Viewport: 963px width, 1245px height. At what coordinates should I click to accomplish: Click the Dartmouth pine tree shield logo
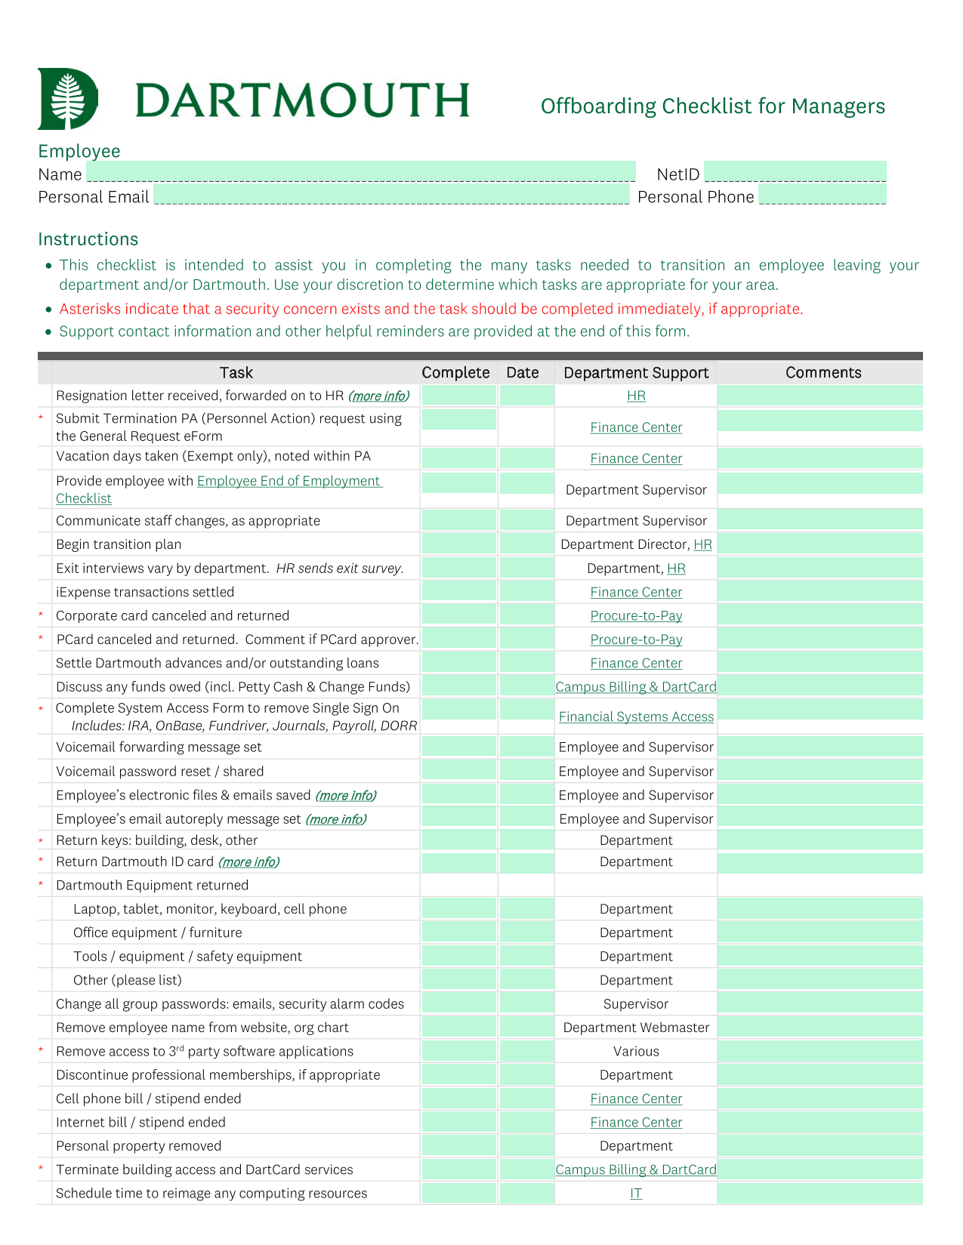pos(67,99)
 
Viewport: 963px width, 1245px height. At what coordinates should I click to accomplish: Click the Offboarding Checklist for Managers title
pos(712,106)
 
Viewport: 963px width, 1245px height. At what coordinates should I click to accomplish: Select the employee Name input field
pos(360,172)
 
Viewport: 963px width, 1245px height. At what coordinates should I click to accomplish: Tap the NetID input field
pos(795,172)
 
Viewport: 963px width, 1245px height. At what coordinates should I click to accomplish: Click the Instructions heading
pos(88,239)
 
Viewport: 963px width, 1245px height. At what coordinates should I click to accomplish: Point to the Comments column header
pos(823,373)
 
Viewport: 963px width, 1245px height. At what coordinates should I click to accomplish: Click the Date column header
pos(523,373)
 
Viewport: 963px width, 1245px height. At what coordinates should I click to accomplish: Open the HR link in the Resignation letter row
pos(636,396)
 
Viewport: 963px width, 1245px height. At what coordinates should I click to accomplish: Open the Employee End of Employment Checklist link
pos(289,482)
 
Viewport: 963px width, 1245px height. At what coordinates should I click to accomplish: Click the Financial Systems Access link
pos(636,717)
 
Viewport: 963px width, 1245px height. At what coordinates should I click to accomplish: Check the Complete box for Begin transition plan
pos(458,544)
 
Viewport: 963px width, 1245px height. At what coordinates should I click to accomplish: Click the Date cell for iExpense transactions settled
pos(526,592)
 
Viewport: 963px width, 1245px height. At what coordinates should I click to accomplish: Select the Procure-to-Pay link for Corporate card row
pos(636,616)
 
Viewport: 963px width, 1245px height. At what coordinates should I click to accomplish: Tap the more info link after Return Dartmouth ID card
pos(248,862)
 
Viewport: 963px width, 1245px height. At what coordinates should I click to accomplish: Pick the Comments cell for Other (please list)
pos(819,980)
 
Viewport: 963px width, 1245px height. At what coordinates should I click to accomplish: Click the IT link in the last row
pos(636,1194)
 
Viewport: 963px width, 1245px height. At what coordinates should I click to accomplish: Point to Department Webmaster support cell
pos(636,1028)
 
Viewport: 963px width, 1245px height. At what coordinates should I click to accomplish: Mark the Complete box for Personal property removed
pos(458,1146)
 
